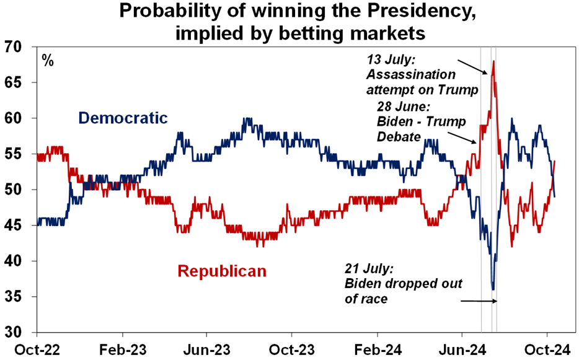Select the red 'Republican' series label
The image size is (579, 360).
(x=221, y=271)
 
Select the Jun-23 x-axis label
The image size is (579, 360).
(x=208, y=348)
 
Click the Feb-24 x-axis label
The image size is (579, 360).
(x=377, y=348)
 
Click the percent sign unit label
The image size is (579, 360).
(x=47, y=61)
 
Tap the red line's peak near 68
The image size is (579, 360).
(x=493, y=61)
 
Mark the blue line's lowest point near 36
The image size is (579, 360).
(x=493, y=289)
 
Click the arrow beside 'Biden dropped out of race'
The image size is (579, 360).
(x=479, y=301)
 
